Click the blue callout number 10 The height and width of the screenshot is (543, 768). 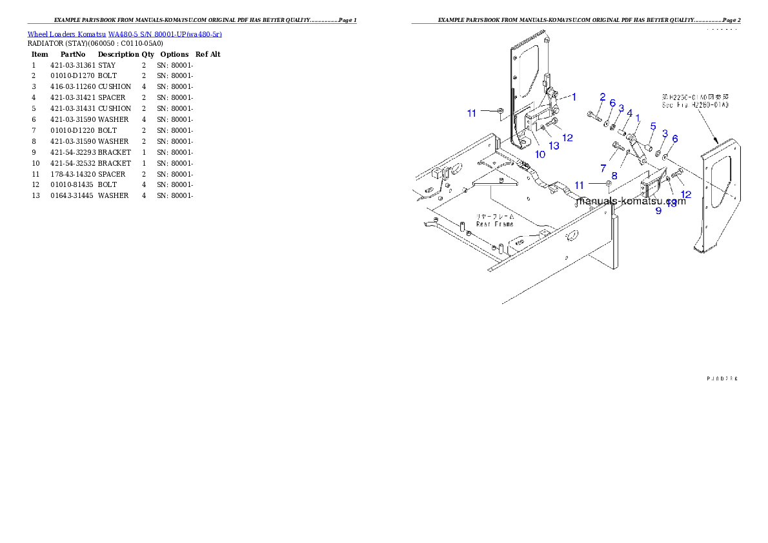click(540, 155)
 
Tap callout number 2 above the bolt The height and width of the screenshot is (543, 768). click(602, 97)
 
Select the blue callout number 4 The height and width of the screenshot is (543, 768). click(629, 113)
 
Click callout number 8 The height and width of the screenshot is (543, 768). click(614, 175)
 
